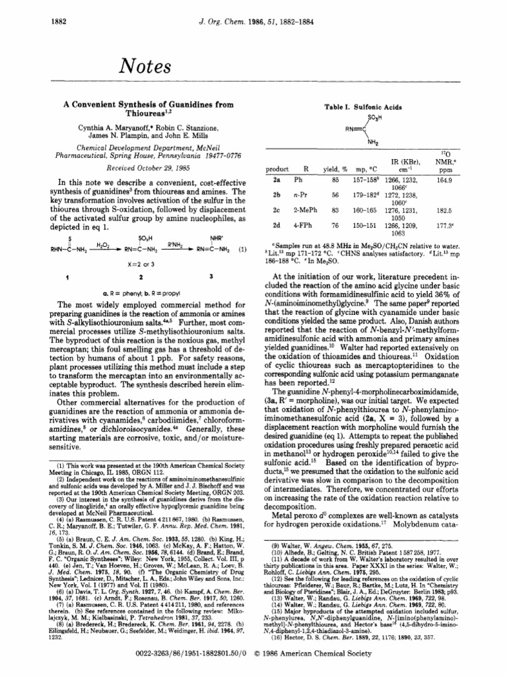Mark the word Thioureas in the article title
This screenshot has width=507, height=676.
pyautogui.click(x=135, y=113)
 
